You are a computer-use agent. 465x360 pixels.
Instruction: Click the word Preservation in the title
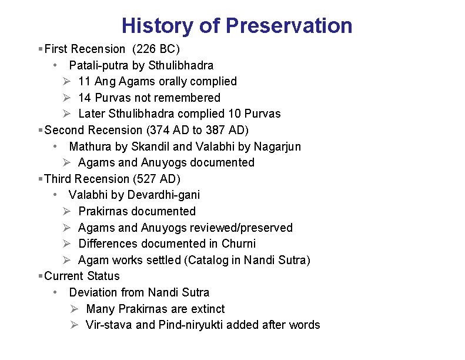289,26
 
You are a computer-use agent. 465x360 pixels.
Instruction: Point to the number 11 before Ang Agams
84,81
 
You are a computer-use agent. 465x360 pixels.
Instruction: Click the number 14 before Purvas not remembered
84,98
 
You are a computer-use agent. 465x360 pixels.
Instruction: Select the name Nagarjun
277,146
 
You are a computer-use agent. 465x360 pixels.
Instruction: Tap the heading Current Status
82,276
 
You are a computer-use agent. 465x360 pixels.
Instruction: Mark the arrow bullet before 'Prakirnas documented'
67,211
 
